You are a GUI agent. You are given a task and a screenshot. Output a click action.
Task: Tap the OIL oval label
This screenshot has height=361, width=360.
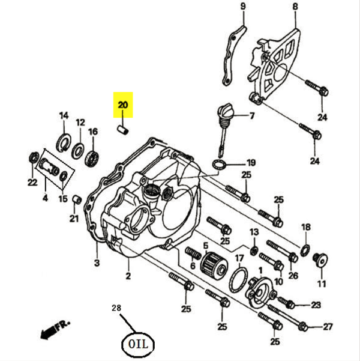(x=137, y=344)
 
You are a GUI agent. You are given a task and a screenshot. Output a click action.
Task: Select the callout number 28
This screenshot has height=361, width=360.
(x=116, y=308)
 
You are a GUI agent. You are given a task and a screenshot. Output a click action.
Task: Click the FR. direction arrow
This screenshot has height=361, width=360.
(x=52, y=329)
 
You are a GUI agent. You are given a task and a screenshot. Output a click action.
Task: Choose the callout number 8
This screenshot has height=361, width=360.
(x=295, y=7)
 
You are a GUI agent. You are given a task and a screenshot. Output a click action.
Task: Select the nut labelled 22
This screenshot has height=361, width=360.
(x=32, y=160)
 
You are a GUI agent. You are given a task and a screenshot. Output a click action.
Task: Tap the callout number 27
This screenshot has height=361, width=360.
(x=328, y=327)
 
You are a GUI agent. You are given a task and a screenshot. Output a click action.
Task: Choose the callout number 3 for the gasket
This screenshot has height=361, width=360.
(x=97, y=262)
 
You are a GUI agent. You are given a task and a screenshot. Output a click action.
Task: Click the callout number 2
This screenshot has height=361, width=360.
(x=128, y=276)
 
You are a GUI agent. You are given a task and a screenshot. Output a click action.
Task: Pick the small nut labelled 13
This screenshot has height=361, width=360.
(x=253, y=249)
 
